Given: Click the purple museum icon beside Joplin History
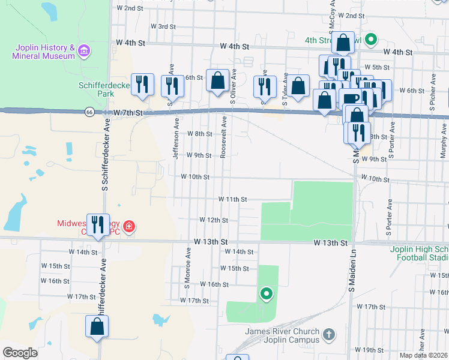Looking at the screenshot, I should (x=83, y=50).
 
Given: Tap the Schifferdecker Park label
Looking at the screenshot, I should (x=104, y=89).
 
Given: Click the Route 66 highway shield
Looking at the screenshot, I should (x=89, y=112).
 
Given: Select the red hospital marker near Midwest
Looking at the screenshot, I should (x=129, y=227).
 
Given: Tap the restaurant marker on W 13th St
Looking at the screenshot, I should (x=98, y=225).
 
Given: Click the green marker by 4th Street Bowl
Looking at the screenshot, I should (x=371, y=41).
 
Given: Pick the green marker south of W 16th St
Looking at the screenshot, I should (x=266, y=293).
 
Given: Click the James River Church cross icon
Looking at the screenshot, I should (x=328, y=334).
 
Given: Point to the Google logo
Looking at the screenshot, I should (x=20, y=353).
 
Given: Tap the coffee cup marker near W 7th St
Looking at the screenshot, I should (x=351, y=98).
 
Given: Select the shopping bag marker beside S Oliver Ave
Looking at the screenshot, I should (x=217, y=81).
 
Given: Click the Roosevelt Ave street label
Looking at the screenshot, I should (x=223, y=137).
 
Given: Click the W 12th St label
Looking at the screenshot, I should (x=214, y=220).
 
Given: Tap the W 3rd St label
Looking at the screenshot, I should (x=163, y=26).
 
